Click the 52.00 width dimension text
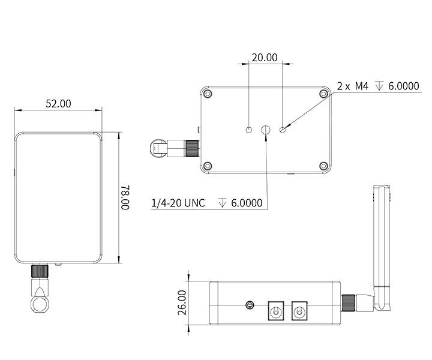58,104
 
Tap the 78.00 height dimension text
125,197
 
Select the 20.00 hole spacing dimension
265,58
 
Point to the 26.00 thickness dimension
182,302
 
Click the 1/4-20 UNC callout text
178,203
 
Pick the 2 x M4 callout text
352,86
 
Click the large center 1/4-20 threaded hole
266,130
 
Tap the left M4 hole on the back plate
249,130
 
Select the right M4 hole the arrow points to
283,130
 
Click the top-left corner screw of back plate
208,94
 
